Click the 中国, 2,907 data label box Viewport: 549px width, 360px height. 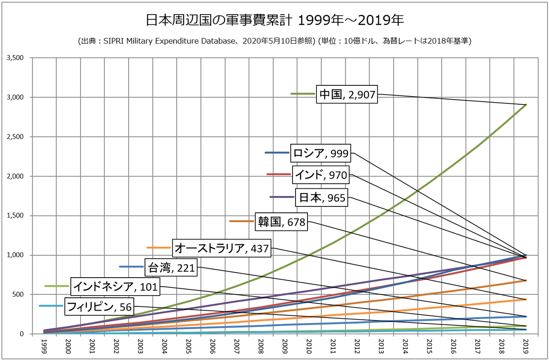coord(347,94)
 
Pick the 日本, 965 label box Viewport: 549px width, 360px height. coord(321,197)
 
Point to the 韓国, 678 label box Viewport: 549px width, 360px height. coord(281,221)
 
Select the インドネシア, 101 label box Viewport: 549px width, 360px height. coord(115,286)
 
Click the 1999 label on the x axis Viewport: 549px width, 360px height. coord(44,345)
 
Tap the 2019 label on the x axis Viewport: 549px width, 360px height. coord(526,345)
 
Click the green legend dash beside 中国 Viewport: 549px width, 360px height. coord(302,94)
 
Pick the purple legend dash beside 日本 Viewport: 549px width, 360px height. coord(281,197)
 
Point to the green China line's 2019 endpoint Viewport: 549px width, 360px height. coord(526,105)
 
